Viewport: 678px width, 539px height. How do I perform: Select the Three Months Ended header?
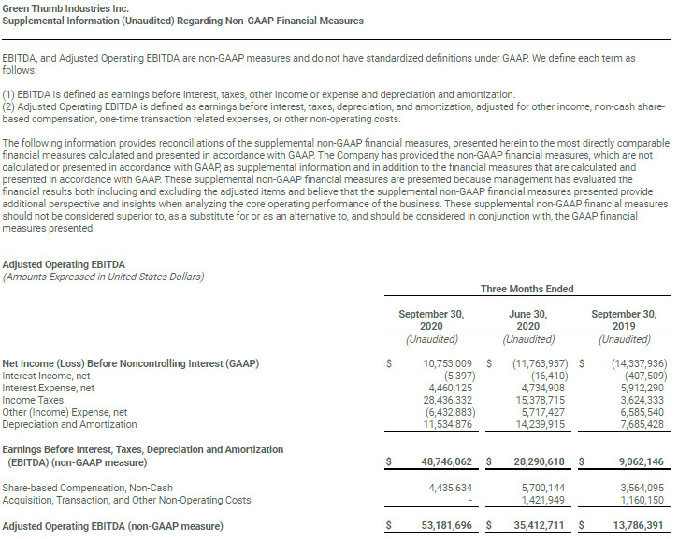click(x=527, y=289)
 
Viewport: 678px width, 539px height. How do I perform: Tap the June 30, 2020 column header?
click(x=528, y=320)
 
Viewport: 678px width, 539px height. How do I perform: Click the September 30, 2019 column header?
click(x=624, y=320)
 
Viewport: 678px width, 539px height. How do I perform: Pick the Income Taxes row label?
click(x=32, y=398)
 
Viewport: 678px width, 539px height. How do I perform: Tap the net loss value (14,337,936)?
click(x=634, y=362)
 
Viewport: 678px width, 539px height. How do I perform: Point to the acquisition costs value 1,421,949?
click(x=537, y=500)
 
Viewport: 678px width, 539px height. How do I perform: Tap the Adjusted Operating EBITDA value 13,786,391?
click(x=634, y=527)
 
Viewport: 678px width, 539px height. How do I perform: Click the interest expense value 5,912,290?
click(x=637, y=387)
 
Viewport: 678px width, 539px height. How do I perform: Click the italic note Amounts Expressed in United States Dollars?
click(x=103, y=277)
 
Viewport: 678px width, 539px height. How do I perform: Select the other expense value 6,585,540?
click(x=637, y=411)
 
